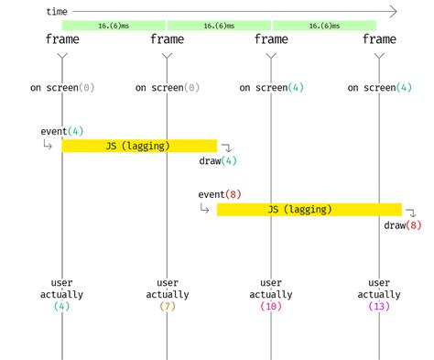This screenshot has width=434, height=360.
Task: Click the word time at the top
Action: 58,11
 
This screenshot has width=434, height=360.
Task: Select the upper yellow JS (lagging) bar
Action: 139,146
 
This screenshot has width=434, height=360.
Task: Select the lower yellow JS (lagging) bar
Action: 309,210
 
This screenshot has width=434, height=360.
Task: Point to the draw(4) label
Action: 218,161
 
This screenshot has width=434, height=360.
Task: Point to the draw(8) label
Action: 403,225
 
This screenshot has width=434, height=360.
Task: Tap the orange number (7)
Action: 167,307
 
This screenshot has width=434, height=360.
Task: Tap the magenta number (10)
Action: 271,307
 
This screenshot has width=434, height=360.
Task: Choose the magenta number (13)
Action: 379,307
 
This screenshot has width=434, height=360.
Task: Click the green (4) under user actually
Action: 62,307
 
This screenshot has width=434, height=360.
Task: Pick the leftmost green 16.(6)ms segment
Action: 114,25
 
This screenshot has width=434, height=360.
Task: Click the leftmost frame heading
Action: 62,39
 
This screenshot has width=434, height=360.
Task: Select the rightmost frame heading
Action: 379,39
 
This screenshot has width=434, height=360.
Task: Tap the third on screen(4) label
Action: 271,88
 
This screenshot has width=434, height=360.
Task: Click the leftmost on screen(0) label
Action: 62,88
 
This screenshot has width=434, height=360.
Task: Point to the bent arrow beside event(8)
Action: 204,209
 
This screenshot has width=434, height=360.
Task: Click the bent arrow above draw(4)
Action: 227,147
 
